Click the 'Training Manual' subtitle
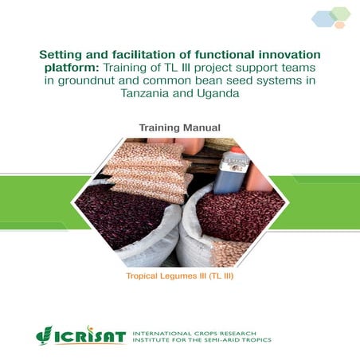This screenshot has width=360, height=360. click(x=179, y=127)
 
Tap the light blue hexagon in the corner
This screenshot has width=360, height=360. click(x=323, y=18)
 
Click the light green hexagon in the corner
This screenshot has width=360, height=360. click(x=340, y=12)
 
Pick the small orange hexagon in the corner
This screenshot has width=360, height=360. click(x=340, y=25)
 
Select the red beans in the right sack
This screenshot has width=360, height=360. click(x=239, y=215)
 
